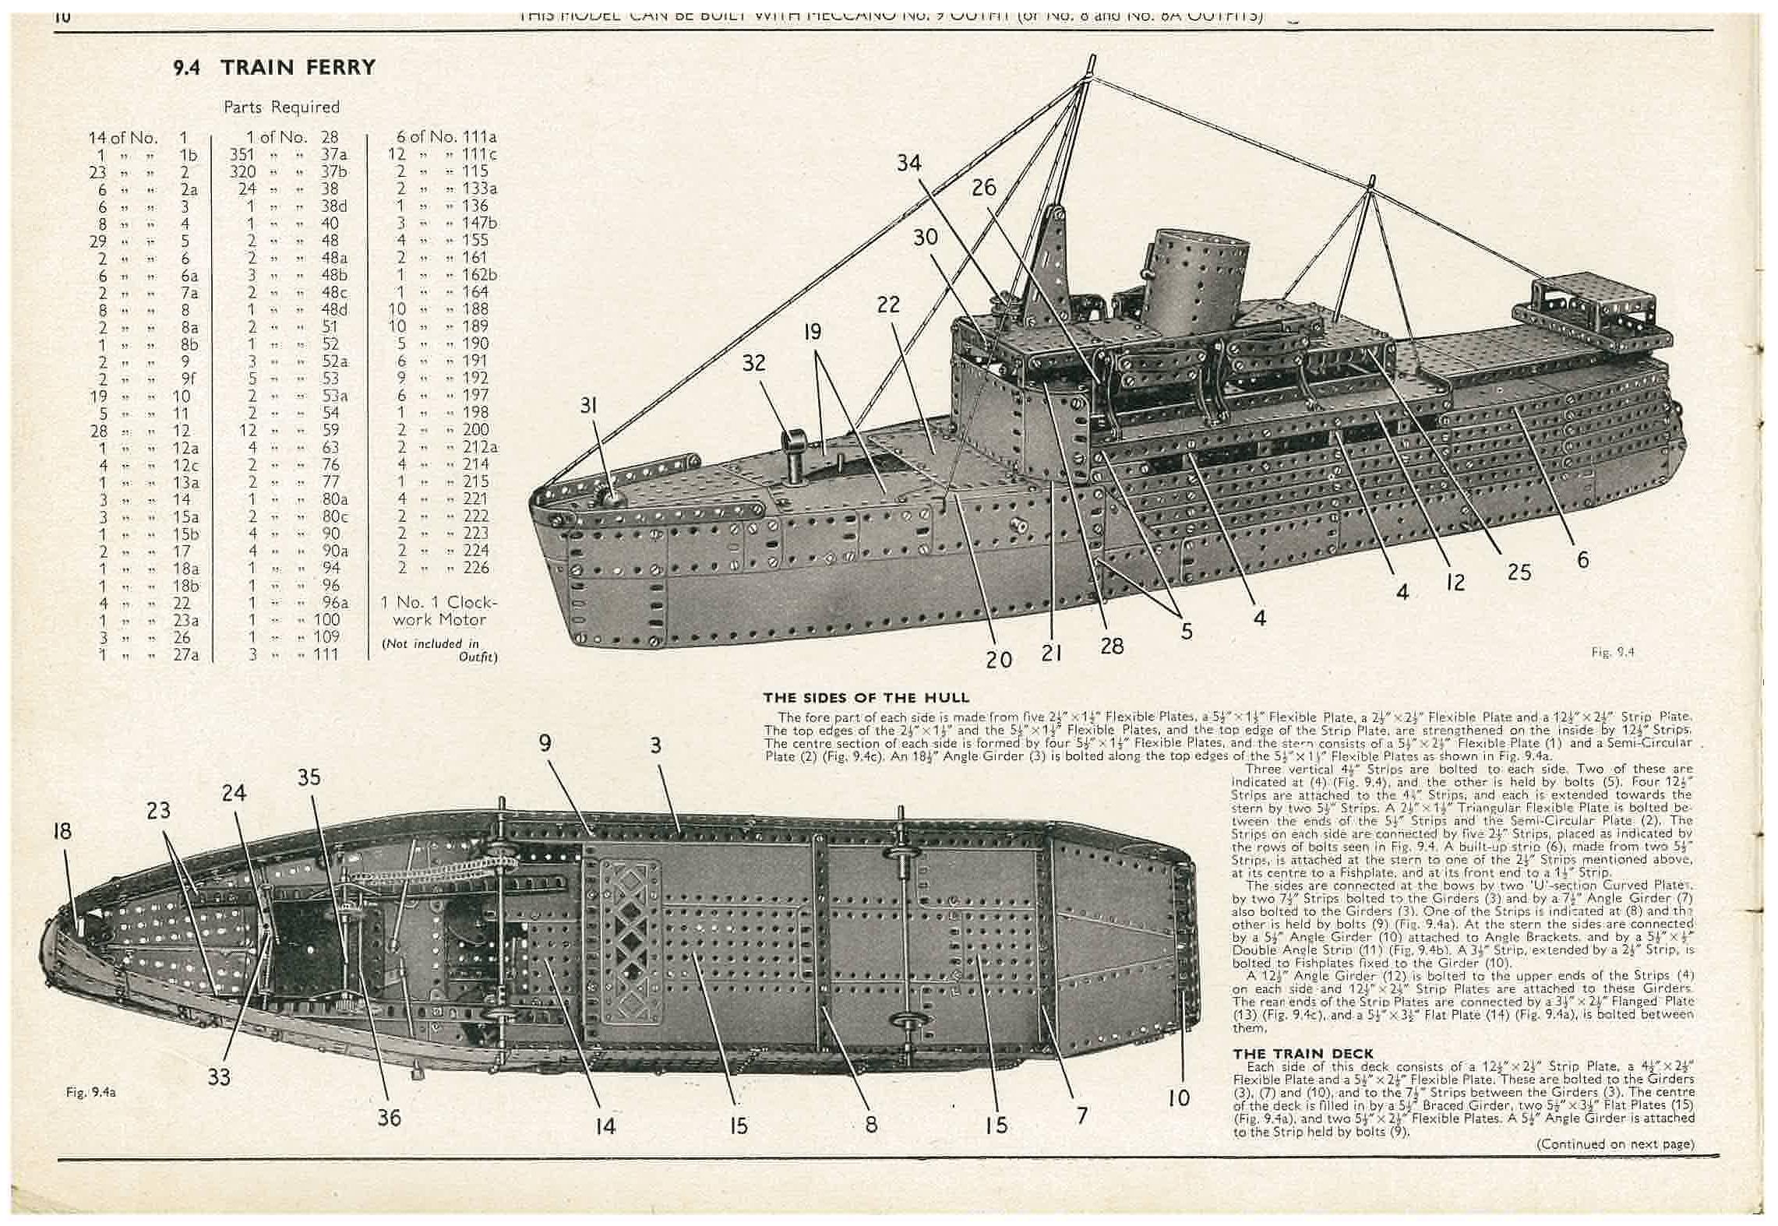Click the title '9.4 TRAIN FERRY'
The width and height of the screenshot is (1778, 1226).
(x=274, y=68)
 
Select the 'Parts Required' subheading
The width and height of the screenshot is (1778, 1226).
(x=281, y=107)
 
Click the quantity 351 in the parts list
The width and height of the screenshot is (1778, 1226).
(x=244, y=154)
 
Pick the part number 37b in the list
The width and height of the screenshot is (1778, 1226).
(x=333, y=171)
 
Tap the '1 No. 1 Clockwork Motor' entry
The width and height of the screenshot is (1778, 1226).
(x=439, y=611)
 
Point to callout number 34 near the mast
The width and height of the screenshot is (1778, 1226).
(x=908, y=163)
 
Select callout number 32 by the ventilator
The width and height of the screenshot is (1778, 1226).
(x=753, y=363)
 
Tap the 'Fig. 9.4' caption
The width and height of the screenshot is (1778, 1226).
(x=1612, y=653)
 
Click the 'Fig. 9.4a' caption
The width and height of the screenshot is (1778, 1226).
(x=91, y=1093)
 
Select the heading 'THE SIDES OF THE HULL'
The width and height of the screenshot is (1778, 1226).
(x=866, y=698)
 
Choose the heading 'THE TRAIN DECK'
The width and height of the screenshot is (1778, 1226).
(x=1303, y=1053)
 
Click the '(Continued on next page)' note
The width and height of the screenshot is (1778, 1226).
(x=1614, y=1144)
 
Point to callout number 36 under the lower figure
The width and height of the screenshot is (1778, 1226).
(x=389, y=1118)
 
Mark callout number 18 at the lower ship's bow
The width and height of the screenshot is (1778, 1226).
(x=62, y=830)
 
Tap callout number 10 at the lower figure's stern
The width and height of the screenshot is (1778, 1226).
(x=1179, y=1098)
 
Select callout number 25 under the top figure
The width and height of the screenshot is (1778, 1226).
(x=1519, y=572)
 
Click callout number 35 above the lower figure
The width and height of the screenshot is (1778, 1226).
(x=309, y=777)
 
